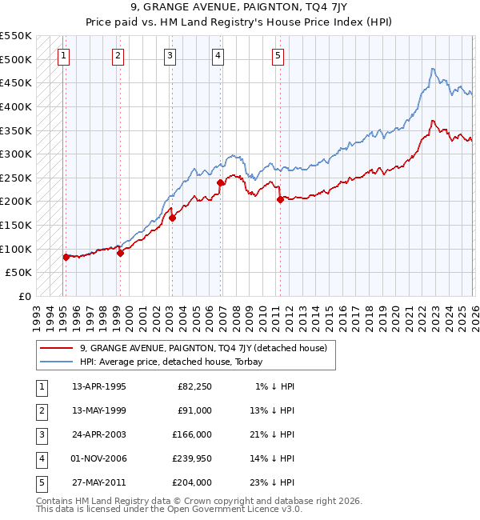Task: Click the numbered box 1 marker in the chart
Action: point(63,55)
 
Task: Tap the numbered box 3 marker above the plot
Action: point(170,55)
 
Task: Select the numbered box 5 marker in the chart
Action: point(278,55)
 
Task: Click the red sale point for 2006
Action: point(220,182)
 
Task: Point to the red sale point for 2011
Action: point(280,200)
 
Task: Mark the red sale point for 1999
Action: point(120,253)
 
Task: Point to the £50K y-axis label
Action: point(19,273)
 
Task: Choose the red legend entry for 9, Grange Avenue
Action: point(203,347)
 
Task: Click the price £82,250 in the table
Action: point(194,386)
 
